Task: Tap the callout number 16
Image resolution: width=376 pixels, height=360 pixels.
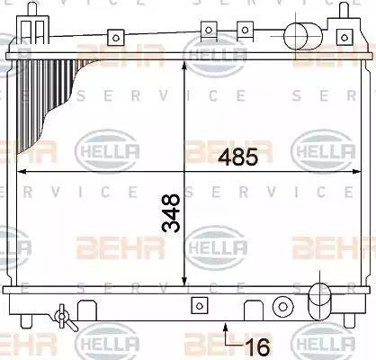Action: point(258,344)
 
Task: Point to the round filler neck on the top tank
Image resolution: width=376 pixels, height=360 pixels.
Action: point(301,36)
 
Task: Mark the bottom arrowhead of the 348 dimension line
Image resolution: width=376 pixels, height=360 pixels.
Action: point(185,281)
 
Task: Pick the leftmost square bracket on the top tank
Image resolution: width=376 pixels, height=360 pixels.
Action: point(114,38)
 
